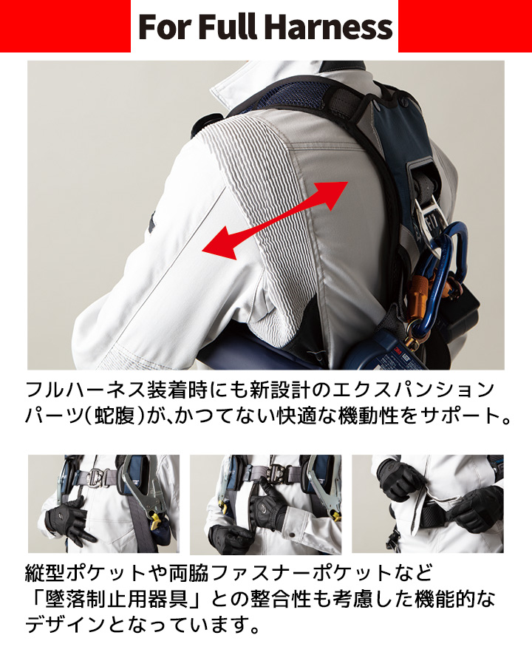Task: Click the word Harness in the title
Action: [329, 27]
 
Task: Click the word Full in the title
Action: [230, 27]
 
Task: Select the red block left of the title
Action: [65, 26]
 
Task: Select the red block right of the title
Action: [465, 26]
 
